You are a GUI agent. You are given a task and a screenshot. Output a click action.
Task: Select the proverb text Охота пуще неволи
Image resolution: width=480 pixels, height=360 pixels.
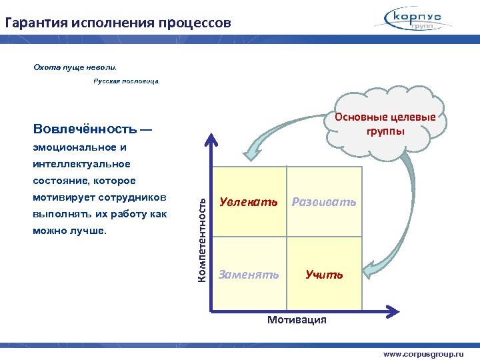pos(75,67)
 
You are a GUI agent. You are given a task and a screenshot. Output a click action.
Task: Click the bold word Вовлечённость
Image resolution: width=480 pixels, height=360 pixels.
pos(85,129)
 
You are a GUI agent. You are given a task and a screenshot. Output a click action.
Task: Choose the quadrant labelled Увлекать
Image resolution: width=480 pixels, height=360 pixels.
pos(249,202)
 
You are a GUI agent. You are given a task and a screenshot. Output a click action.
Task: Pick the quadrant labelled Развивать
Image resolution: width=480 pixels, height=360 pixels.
pos(324,202)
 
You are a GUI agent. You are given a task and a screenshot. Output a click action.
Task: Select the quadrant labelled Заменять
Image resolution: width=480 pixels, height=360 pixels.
pos(249,274)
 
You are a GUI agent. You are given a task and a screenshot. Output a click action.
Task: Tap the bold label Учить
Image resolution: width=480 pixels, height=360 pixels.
pos(324,274)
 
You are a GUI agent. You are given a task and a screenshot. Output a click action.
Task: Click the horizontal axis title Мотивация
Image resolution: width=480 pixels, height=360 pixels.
pos(297,320)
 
